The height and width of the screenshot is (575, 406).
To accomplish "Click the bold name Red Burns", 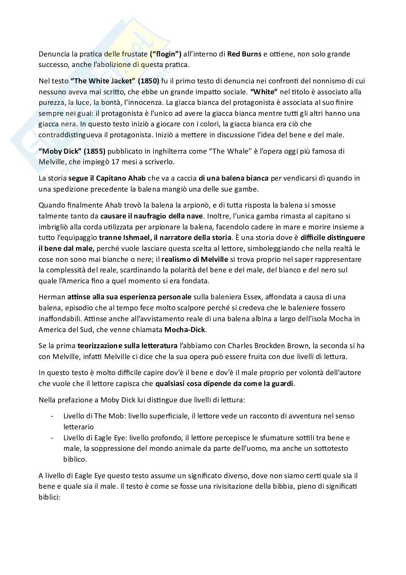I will click(244, 54).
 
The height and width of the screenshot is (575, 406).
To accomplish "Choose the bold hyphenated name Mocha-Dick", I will click(185, 330).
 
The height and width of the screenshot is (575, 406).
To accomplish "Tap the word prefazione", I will click(68, 400).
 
